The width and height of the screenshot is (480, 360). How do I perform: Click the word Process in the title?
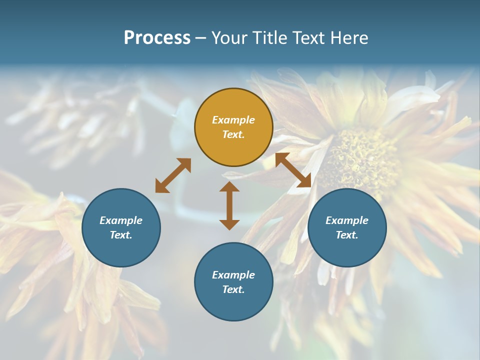click(157, 38)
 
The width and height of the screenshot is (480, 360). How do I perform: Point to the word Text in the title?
click(311, 38)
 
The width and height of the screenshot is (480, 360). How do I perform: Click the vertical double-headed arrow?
click(229, 205)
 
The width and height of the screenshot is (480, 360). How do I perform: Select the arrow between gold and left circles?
click(173, 175)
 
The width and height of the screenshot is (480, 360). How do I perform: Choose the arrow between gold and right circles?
click(293, 170)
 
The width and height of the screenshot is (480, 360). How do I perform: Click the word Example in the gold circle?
click(233, 120)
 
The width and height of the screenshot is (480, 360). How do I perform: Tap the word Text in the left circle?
click(121, 235)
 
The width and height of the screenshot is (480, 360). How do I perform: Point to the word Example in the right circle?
click(347, 220)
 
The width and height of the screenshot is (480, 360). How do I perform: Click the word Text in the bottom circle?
click(233, 289)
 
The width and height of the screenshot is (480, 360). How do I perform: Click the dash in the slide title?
click(200, 38)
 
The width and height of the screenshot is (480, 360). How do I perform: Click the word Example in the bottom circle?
click(233, 275)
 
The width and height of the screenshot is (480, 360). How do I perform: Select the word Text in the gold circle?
click(233, 134)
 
